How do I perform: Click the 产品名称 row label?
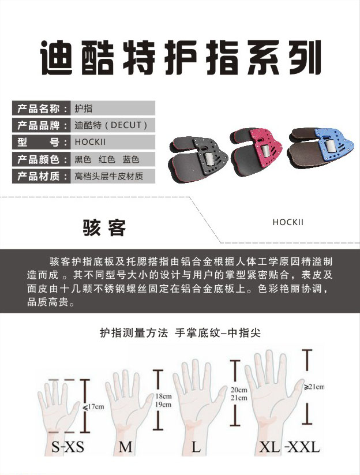42,109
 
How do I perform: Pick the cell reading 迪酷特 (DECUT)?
111,125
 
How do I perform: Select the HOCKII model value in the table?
90,142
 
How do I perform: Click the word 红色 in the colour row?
107,159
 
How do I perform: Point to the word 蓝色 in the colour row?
131,159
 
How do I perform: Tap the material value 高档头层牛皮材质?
108,176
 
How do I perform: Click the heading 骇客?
104,228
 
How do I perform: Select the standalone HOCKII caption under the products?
288,222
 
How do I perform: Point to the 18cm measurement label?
163,396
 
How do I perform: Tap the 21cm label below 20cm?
239,398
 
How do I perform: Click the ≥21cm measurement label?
314,387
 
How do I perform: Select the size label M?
125,447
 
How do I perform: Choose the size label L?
197,447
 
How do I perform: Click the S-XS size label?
68,447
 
